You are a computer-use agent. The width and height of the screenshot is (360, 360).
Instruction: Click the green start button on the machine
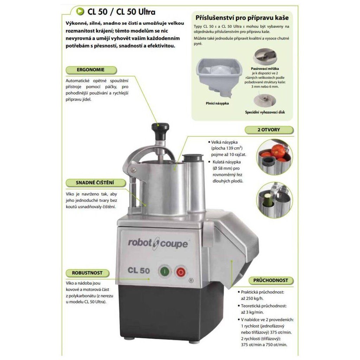pyautogui.click(x=165, y=272)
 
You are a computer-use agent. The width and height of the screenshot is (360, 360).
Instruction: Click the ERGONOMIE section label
pyautogui.click(x=91, y=70)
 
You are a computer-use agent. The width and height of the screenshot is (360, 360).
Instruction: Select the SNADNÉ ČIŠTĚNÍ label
pyautogui.click(x=95, y=183)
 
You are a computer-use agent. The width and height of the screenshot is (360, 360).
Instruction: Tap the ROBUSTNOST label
pyautogui.click(x=87, y=273)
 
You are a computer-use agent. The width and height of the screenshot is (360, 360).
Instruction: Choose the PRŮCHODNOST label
pyautogui.click(x=271, y=280)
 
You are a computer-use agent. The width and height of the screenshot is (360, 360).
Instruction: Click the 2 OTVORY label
pyautogui.click(x=269, y=130)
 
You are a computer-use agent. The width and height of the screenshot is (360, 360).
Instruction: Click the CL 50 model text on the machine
pyautogui.click(x=139, y=270)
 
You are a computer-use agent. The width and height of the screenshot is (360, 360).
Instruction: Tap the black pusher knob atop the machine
pyautogui.click(x=160, y=131)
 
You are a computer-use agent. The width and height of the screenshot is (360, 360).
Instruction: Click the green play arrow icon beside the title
pyautogui.click(x=81, y=11)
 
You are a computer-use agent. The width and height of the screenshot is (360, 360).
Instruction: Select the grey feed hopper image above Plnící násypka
pyautogui.click(x=219, y=76)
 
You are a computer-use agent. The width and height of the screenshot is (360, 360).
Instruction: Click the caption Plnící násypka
pyautogui.click(x=217, y=103)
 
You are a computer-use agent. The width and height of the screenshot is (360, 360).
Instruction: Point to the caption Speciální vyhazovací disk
pyautogui.click(x=265, y=112)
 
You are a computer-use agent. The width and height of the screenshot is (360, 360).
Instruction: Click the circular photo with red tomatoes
pyautogui.click(x=274, y=157)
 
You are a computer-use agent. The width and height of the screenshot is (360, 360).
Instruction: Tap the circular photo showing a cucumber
pyautogui.click(x=274, y=200)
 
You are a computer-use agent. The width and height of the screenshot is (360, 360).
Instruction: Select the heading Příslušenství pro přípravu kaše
pyautogui.click(x=242, y=18)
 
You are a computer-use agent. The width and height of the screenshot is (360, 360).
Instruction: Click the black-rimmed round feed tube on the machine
pyautogui.click(x=193, y=158)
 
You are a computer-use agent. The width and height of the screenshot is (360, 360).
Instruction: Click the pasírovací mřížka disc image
pyautogui.click(x=265, y=57)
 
